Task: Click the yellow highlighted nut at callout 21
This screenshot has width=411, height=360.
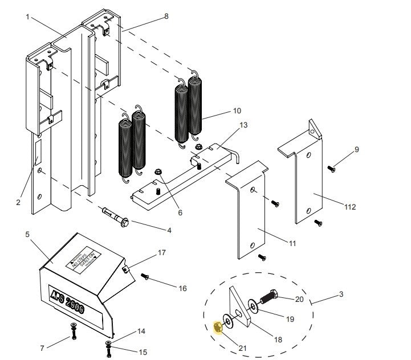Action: coord(217,327)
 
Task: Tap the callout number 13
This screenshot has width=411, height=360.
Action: coord(244,125)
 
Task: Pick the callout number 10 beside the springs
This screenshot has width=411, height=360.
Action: coord(237,111)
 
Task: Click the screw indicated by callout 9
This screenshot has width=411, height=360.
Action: coord(331,167)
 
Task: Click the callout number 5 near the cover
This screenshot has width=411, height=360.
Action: coord(27,234)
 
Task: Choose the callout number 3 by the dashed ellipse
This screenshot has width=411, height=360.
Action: coord(341,294)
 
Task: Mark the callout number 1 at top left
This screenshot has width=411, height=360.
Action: coord(27,17)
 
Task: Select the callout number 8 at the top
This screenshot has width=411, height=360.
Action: coord(166,17)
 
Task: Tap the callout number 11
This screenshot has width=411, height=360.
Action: coord(292,244)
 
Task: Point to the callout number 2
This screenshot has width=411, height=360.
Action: coord(19,202)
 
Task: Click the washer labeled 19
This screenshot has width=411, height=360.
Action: coord(253,307)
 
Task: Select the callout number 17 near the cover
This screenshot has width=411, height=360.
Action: coord(161,252)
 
